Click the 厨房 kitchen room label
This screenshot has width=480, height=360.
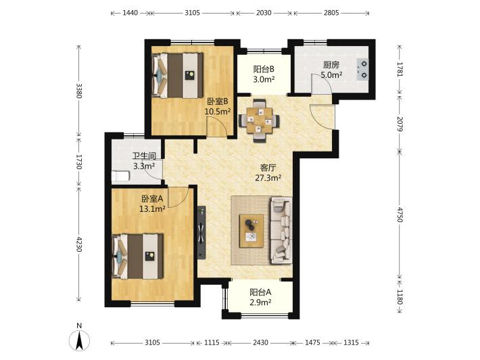pos(331,65)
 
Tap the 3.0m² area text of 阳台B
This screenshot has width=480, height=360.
pos(264,79)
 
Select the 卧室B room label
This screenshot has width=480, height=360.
pos(217,101)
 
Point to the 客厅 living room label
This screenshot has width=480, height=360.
pos(268,168)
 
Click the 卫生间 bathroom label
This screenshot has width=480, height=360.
pos(144,156)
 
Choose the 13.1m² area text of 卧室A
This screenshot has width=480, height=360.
pos(152,209)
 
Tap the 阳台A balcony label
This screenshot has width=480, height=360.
pos(260,292)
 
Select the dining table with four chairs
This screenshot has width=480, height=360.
pos(259,120)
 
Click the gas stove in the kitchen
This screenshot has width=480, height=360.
pos(362,69)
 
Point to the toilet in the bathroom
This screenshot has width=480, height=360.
pos(120,176)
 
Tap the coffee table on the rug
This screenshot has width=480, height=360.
pos(251,231)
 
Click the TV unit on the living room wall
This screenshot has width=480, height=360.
pos(201,233)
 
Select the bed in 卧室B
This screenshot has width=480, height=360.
pos(178,75)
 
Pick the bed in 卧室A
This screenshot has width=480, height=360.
pos(138,256)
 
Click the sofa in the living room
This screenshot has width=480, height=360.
pos(281,230)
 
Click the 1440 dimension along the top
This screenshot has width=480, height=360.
pos(130,13)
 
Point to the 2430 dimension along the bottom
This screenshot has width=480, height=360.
pos(260,342)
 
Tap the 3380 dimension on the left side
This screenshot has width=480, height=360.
pos(79,91)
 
